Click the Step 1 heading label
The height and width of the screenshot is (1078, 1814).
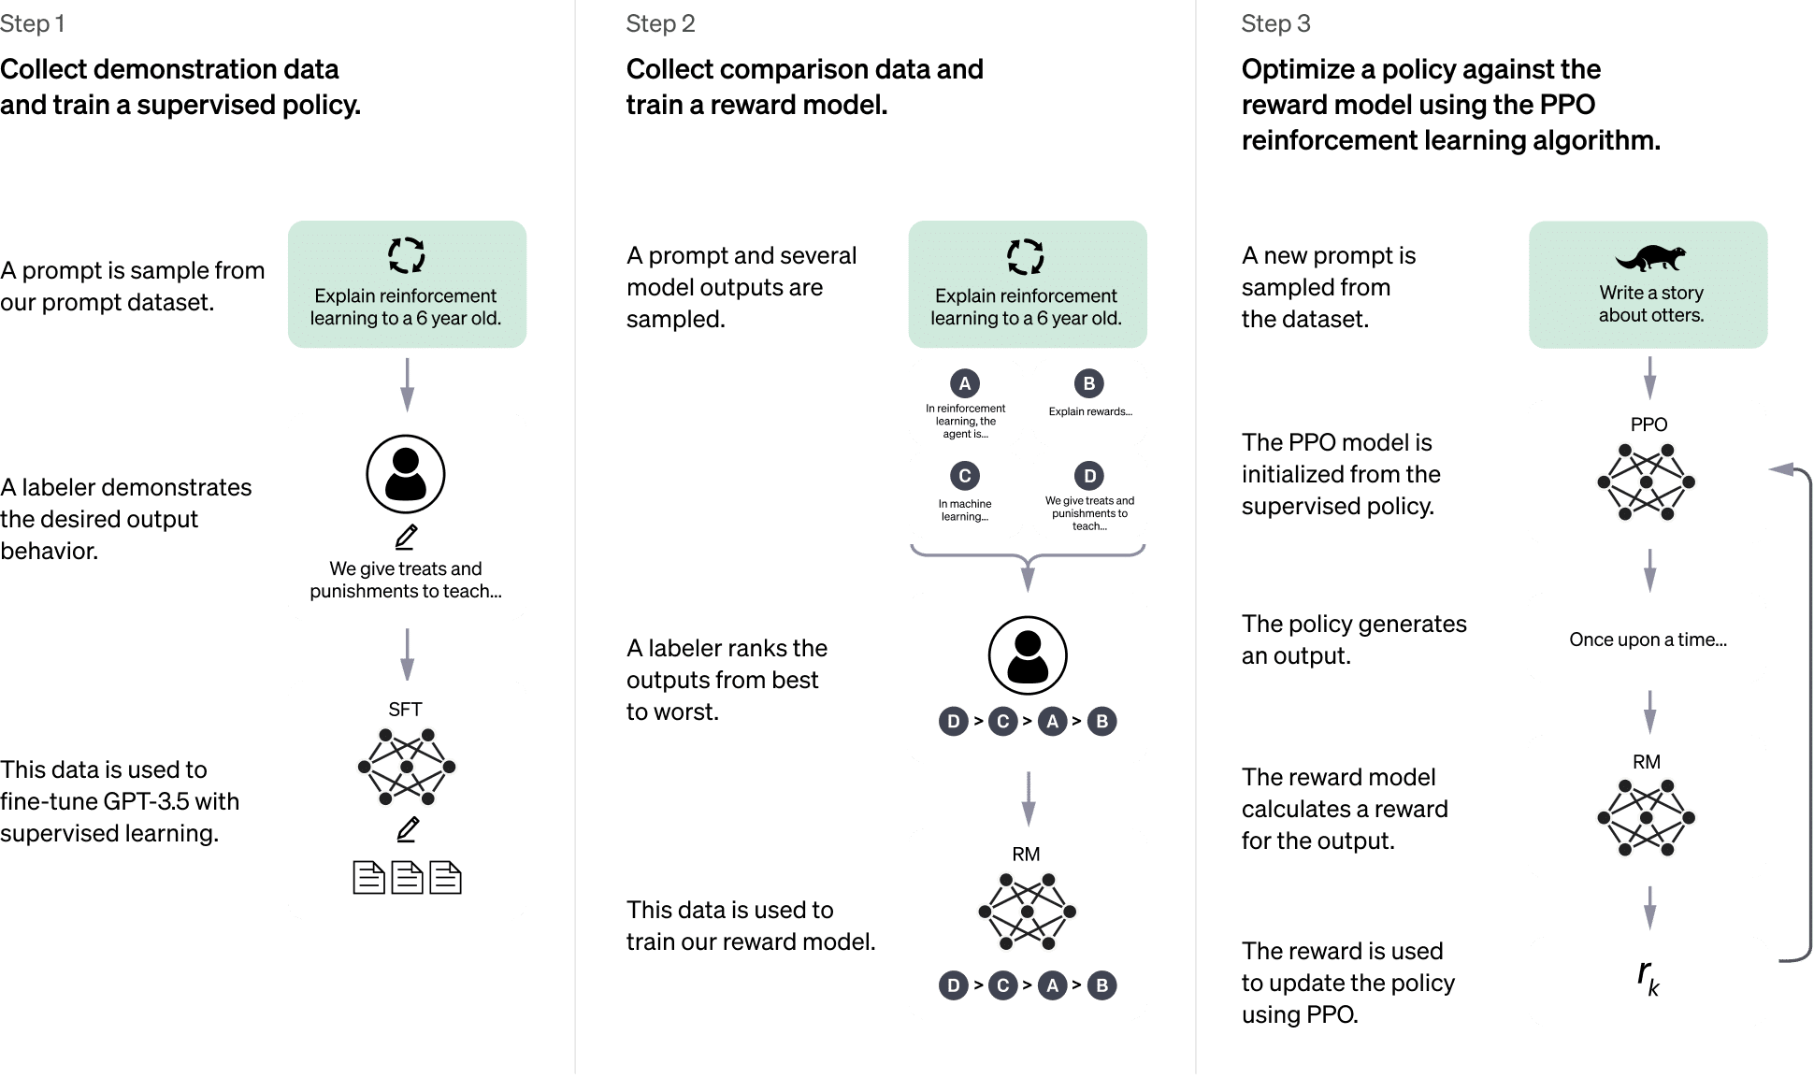(x=33, y=24)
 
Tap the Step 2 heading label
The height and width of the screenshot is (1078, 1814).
(x=660, y=24)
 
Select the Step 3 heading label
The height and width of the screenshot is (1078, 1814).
(x=1275, y=24)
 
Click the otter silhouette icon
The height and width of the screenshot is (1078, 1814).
(x=1650, y=257)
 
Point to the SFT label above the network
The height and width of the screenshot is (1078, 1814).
(x=405, y=710)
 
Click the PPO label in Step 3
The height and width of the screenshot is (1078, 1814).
(x=1648, y=424)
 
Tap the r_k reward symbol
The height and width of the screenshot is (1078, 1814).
(x=1648, y=978)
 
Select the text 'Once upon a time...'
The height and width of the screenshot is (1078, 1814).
(x=1648, y=640)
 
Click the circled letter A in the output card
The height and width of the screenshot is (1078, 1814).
(x=965, y=383)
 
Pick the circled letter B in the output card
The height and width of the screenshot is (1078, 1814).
(x=1088, y=383)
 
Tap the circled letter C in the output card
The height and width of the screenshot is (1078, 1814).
(x=965, y=476)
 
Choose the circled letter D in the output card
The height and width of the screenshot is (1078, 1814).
(x=1088, y=476)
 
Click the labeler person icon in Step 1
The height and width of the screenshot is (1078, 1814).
(x=406, y=474)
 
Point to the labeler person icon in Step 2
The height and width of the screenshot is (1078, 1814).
(x=1028, y=655)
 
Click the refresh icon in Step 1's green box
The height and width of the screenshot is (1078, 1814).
(x=407, y=255)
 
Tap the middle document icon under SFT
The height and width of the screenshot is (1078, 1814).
(x=407, y=878)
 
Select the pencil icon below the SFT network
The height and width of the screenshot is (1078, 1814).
(x=408, y=829)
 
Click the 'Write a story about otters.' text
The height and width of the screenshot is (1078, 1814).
(x=1650, y=304)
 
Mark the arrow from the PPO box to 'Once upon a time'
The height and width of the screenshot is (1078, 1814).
(x=1649, y=568)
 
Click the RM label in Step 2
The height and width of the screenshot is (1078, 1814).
(x=1026, y=855)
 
